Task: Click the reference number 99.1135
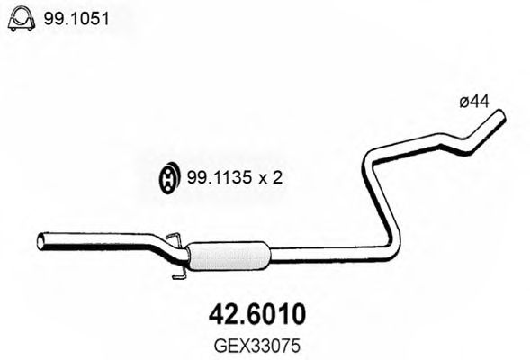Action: click(x=216, y=178)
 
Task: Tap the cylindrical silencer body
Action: click(x=229, y=256)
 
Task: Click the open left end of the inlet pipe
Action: click(x=41, y=240)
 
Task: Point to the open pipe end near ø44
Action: click(x=499, y=116)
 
